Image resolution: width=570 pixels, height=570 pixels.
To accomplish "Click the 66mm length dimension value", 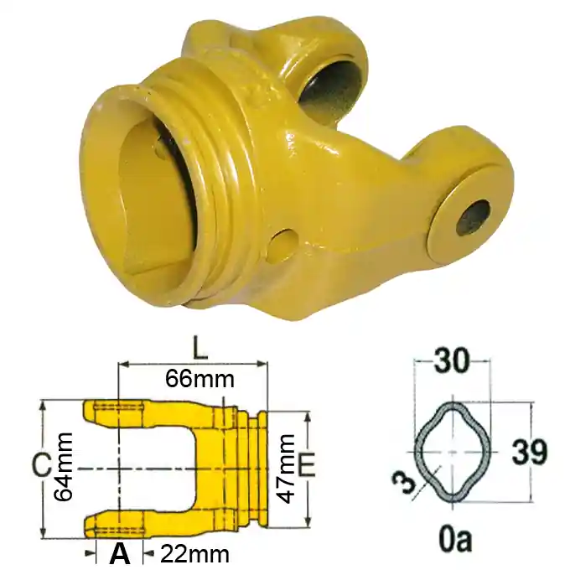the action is click(199, 380).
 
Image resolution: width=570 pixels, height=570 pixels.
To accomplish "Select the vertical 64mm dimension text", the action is click(63, 467).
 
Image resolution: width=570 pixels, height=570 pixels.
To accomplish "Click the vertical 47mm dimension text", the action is click(285, 469).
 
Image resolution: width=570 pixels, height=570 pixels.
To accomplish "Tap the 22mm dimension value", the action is click(194, 554).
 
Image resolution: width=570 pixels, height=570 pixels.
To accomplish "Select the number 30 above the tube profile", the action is click(452, 361).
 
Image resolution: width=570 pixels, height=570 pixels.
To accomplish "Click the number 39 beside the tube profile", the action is click(529, 452).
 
